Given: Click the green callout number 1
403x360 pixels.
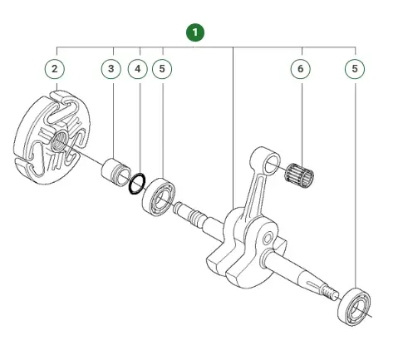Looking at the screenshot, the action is pyautogui.click(x=195, y=32).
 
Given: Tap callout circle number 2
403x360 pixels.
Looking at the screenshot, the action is pyautogui.click(x=55, y=69).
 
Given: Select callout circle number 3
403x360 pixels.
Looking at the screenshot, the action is pyautogui.click(x=111, y=69).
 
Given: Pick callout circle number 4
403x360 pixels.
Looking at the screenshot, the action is pyautogui.click(x=138, y=69).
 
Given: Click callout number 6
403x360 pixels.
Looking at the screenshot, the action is pyautogui.click(x=301, y=69).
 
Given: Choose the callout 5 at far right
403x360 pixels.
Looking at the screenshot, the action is pyautogui.click(x=355, y=69).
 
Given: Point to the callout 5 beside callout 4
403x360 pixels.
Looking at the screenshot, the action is pyautogui.click(x=162, y=69).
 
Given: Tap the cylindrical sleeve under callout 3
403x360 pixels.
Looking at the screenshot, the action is pyautogui.click(x=116, y=172).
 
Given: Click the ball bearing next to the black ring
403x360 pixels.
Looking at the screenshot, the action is pyautogui.click(x=159, y=197).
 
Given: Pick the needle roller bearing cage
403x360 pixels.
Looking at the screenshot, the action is pyautogui.click(x=299, y=175).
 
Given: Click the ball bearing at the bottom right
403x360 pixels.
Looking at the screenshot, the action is pyautogui.click(x=355, y=307).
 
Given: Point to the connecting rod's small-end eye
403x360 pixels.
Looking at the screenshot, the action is pyautogui.click(x=273, y=165).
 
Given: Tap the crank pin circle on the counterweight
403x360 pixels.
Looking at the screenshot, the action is pyautogui.click(x=268, y=239).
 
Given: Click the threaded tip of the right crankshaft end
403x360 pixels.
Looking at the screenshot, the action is pyautogui.click(x=330, y=293).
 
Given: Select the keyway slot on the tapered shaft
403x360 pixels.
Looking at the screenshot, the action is pyautogui.click(x=313, y=284).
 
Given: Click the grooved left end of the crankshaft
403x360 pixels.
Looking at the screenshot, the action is pyautogui.click(x=189, y=214).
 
